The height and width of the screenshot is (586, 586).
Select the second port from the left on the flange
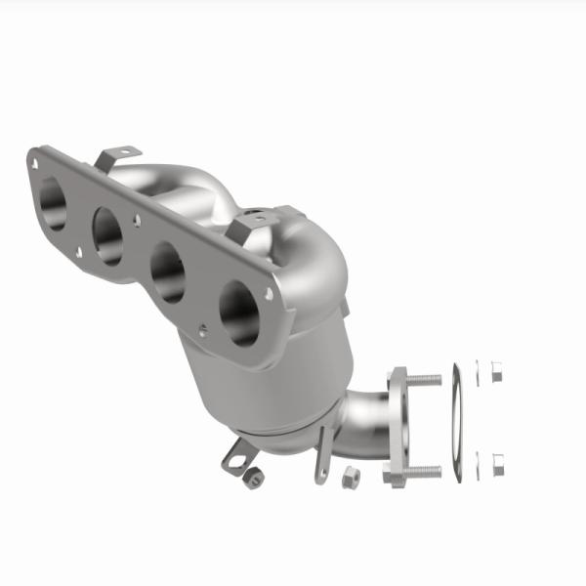(107, 234)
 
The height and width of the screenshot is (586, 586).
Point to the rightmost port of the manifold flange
(238, 310)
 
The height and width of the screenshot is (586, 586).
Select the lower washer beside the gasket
(478, 456)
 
